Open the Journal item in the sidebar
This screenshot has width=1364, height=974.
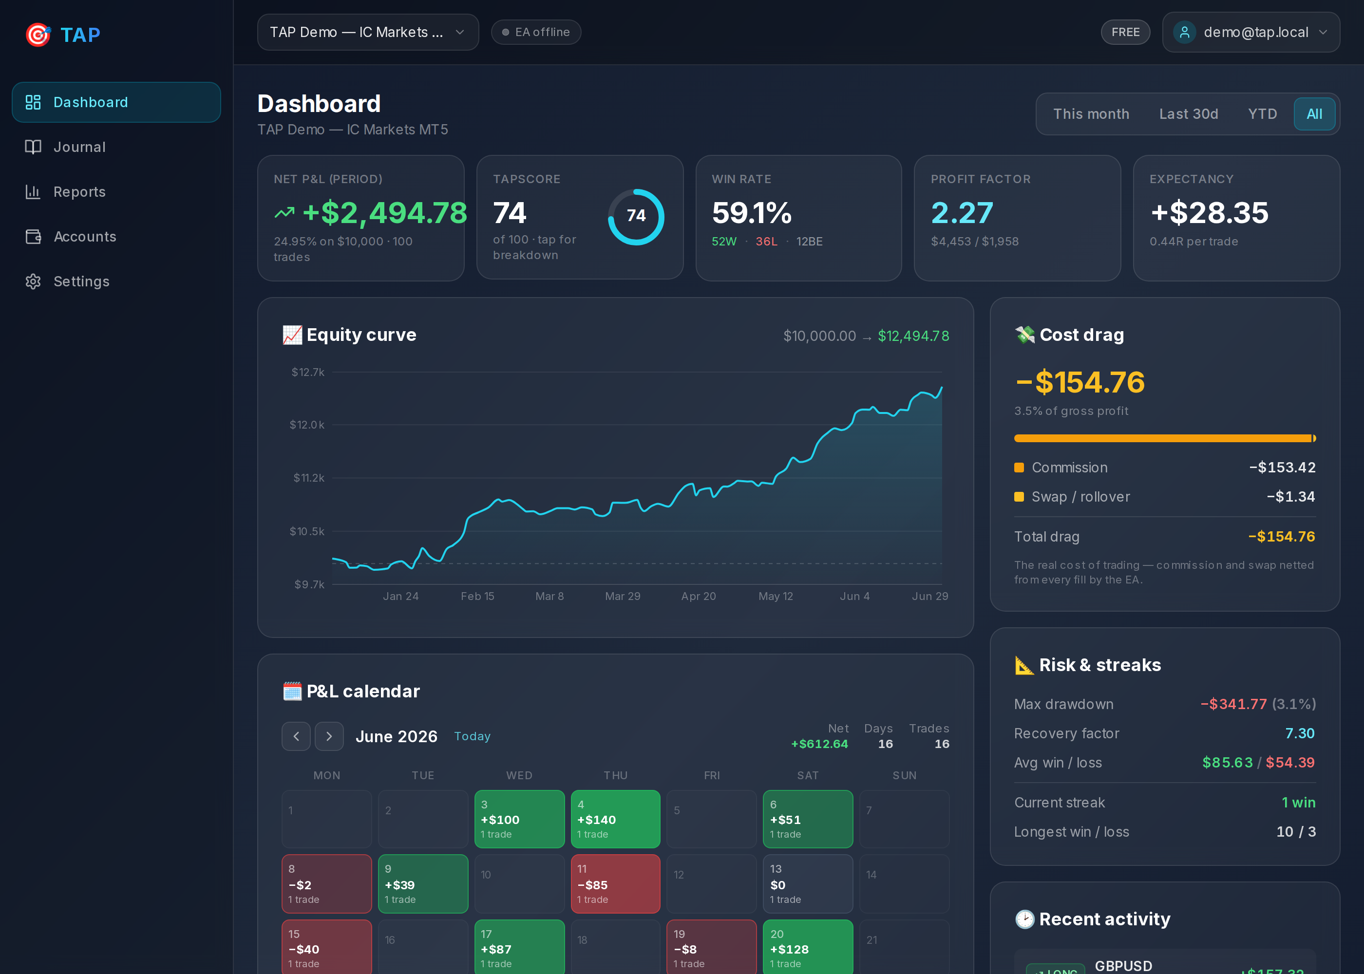tap(79, 147)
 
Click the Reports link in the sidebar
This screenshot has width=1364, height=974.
tap(79, 192)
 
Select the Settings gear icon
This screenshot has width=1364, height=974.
tap(33, 281)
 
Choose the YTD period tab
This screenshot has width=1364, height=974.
tap(1262, 114)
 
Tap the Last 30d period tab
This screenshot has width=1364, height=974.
tap(1188, 114)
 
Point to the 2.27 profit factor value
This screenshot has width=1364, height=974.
tap(962, 213)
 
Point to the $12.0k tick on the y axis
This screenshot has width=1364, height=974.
tap(306, 425)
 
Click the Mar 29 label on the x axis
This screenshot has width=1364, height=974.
tap(623, 596)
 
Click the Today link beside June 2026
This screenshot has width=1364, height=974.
tap(472, 736)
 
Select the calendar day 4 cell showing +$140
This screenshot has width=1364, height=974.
tap(615, 819)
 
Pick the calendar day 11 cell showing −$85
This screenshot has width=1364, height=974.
tap(615, 883)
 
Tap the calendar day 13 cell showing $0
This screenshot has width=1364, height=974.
tap(807, 883)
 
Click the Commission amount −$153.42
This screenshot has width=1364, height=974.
tap(1282, 467)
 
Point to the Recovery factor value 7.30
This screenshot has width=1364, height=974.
tap(1299, 733)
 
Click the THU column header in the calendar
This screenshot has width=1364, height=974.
tap(615, 775)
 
